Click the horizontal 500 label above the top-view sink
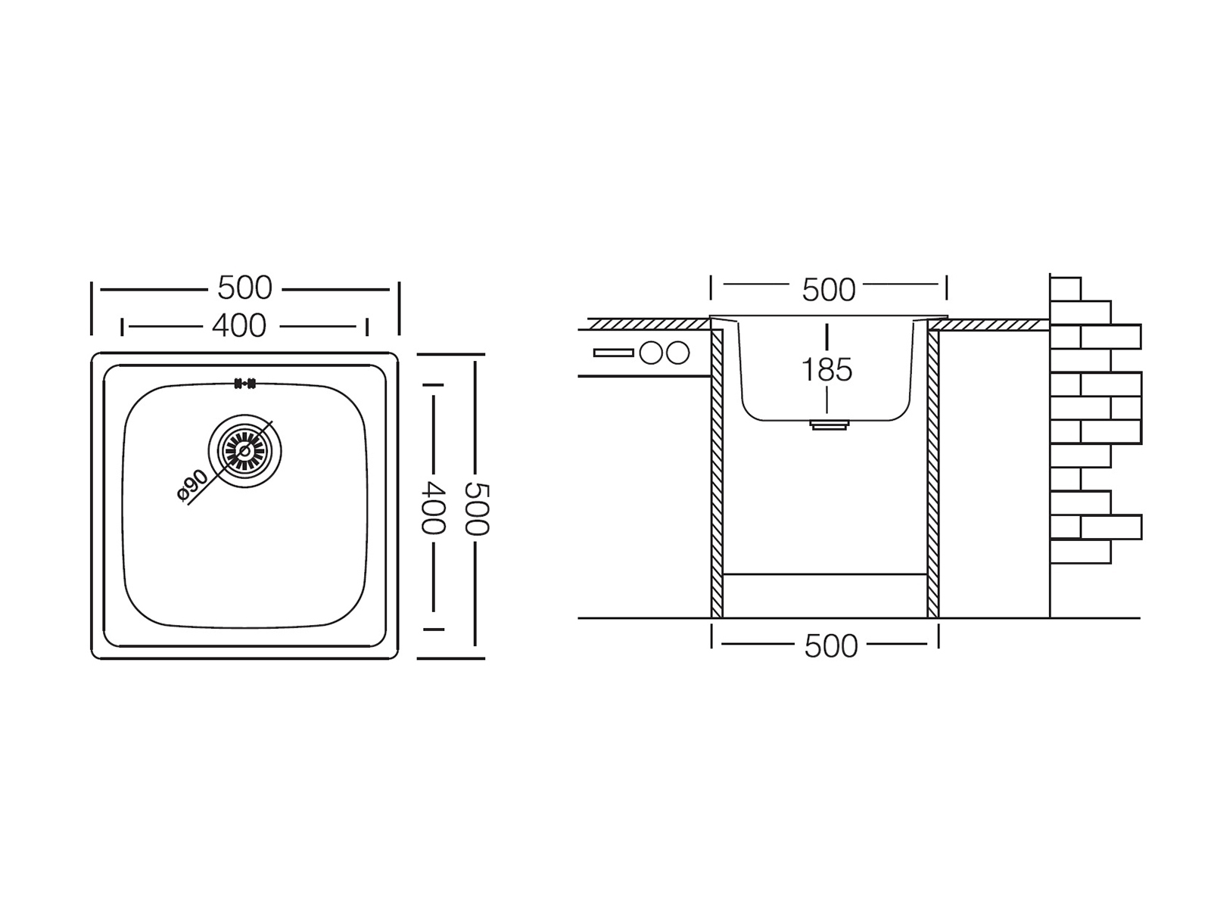244,288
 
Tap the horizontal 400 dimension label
239,326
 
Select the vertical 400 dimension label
432,507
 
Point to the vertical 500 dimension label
476,508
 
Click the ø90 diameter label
192,485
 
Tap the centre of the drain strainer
244,451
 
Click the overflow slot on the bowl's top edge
244,383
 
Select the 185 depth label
827,369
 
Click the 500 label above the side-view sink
828,290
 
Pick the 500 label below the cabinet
831,646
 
